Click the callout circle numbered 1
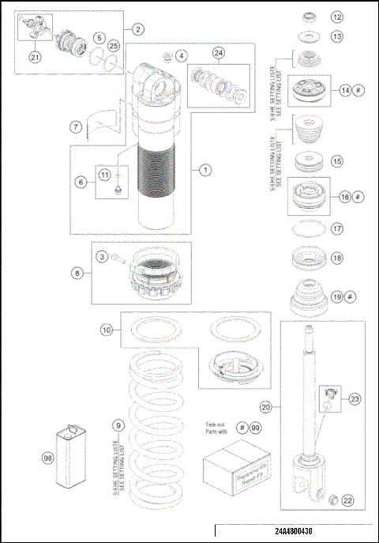(205, 169)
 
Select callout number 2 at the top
(137, 29)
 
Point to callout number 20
(265, 406)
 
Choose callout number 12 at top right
(337, 17)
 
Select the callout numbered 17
(337, 230)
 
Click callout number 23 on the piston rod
(355, 400)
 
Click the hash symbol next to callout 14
(358, 91)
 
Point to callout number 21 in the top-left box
(34, 56)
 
